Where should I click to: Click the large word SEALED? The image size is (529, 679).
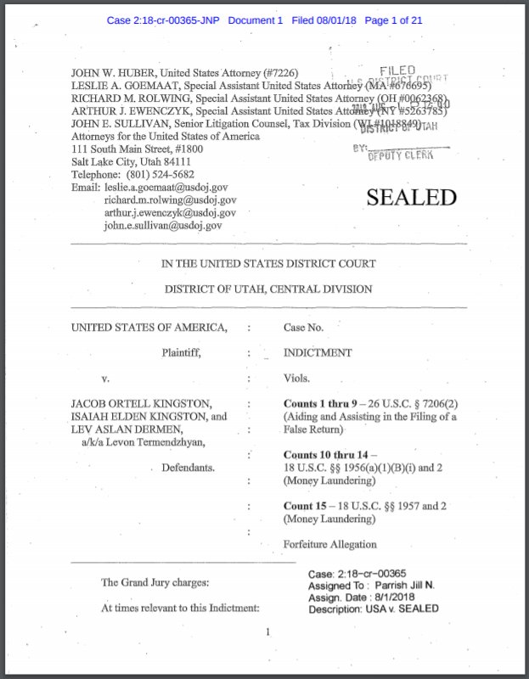click(411, 197)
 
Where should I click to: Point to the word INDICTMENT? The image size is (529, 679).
click(318, 352)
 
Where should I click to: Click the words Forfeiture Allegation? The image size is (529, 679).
click(330, 544)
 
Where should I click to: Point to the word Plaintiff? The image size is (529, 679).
click(181, 352)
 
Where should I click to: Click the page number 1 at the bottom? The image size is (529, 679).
click(267, 631)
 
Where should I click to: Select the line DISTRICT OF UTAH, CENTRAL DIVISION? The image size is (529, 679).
click(268, 289)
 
